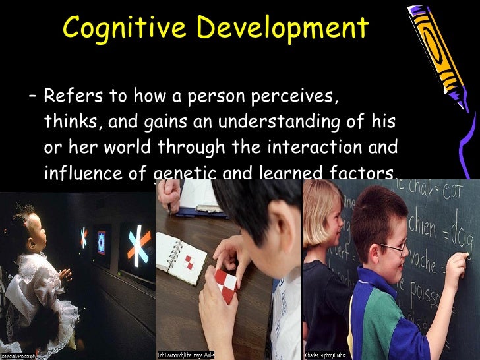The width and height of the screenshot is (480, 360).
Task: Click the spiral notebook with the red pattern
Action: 180,255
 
